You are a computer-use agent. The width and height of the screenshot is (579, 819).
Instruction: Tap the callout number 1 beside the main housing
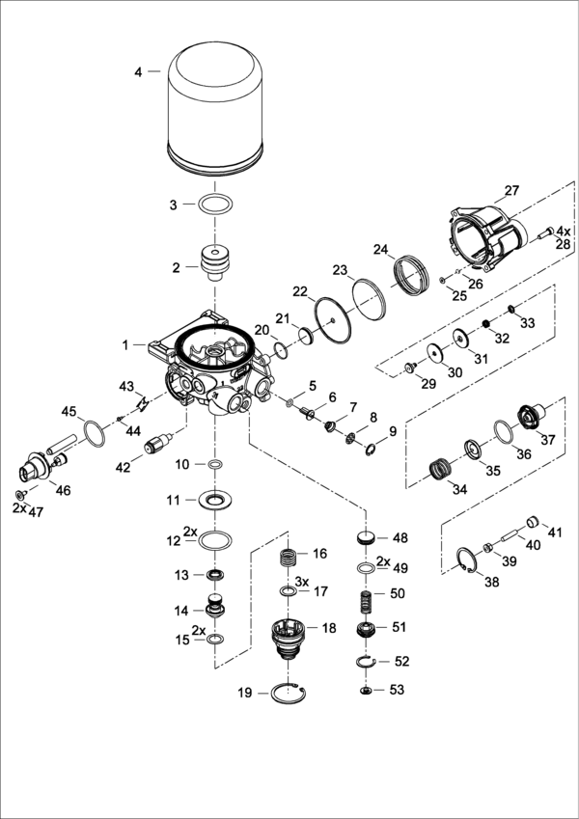click(x=124, y=343)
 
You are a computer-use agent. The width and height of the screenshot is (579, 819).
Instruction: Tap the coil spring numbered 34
click(x=442, y=471)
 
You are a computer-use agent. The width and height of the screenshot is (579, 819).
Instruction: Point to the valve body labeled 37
click(x=531, y=419)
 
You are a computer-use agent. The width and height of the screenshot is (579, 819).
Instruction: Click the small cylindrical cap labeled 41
click(x=530, y=523)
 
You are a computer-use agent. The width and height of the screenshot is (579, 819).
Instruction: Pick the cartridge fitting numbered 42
click(x=156, y=447)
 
